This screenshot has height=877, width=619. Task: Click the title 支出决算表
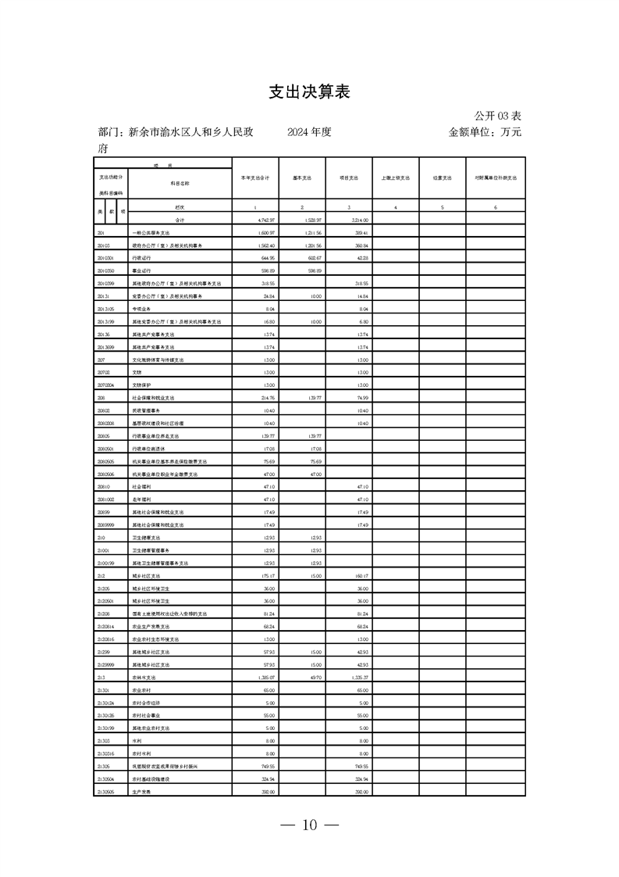[x=309, y=92]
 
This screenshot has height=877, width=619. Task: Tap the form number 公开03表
[x=496, y=116]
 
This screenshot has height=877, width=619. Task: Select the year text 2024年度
[x=309, y=132]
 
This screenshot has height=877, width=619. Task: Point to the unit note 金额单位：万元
[x=485, y=132]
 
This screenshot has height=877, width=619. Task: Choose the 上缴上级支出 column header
[x=396, y=178]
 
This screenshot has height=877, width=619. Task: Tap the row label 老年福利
[x=141, y=498]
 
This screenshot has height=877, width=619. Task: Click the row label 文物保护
[x=141, y=385]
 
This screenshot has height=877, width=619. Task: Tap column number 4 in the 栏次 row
[x=396, y=207]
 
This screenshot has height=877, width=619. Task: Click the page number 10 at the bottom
[x=310, y=825]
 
